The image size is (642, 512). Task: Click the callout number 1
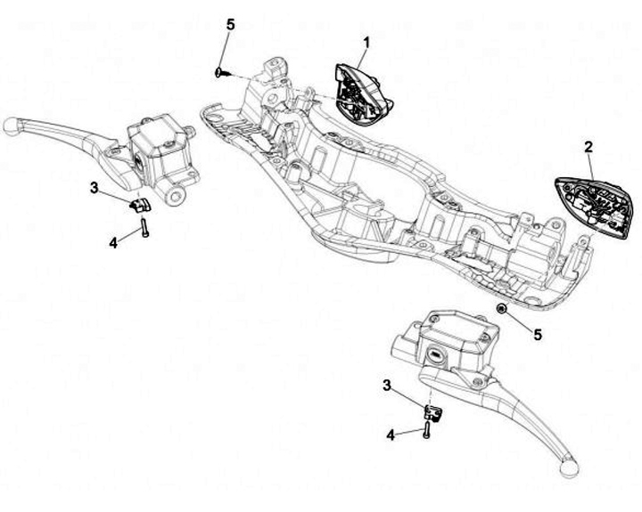click(x=366, y=41)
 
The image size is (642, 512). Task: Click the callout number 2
click(x=588, y=146)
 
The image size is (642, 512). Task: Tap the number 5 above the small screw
click(x=231, y=24)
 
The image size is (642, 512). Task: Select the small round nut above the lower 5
click(x=502, y=308)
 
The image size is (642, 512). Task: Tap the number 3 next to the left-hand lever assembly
click(x=94, y=187)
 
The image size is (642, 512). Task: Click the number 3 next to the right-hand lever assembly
click(x=386, y=385)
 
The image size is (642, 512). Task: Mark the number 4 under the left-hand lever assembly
click(x=113, y=241)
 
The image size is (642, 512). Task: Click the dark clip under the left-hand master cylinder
click(x=139, y=206)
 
